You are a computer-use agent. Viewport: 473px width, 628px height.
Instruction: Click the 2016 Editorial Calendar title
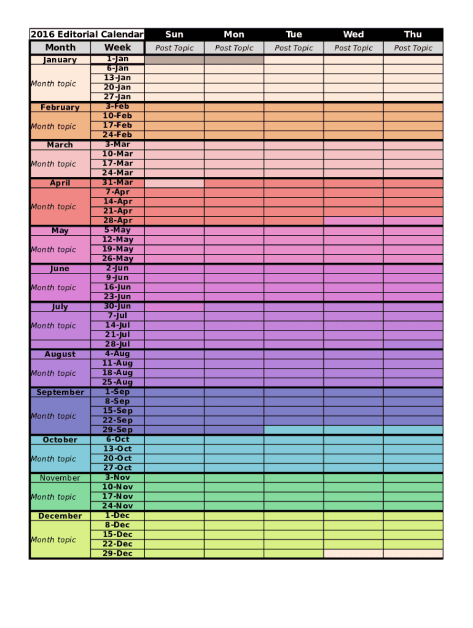tap(87, 34)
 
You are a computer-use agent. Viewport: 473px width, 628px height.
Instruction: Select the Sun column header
tap(174, 34)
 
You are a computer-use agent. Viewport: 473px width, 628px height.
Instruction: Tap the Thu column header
tap(413, 34)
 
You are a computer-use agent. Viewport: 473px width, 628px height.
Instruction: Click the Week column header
tap(117, 47)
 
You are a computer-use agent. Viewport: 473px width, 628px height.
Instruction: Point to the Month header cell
tap(60, 47)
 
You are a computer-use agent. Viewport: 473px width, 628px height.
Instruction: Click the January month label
tap(60, 60)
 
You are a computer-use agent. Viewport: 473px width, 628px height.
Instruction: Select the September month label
tap(60, 392)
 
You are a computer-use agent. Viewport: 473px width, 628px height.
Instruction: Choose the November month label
tap(60, 478)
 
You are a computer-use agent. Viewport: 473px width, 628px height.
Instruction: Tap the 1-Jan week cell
tap(117, 59)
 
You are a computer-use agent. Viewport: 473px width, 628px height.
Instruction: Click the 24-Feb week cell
tap(117, 135)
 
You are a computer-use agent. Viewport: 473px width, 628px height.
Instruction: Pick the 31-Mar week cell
tap(117, 183)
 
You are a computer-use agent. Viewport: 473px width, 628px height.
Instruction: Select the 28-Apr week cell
tap(117, 221)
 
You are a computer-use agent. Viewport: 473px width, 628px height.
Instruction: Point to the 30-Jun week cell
tap(117, 306)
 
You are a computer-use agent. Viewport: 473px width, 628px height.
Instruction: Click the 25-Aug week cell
tap(117, 382)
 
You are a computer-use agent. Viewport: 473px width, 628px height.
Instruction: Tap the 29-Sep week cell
tap(117, 430)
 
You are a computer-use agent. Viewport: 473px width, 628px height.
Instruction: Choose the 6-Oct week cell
tap(117, 439)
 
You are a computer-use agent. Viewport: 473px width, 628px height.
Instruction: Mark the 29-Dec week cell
tap(117, 553)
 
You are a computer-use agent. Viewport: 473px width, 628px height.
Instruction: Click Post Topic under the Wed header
tap(353, 48)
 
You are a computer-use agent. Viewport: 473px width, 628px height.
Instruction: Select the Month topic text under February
tap(53, 126)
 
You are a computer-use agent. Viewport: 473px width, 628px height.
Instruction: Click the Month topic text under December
tap(53, 540)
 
